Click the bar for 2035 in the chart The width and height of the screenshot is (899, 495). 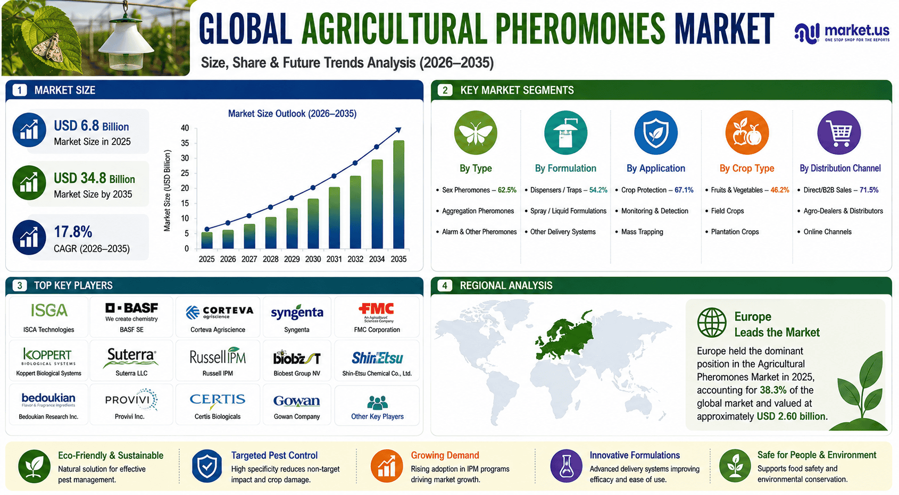(398, 195)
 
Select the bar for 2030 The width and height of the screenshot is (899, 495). (313, 223)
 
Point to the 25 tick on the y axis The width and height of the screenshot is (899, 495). (185, 173)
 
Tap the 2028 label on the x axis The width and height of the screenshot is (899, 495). (271, 259)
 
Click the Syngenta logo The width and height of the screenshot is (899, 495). (297, 313)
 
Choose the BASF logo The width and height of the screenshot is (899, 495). (131, 312)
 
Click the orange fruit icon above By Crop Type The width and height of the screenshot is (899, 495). (747, 133)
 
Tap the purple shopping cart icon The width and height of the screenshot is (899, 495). (839, 133)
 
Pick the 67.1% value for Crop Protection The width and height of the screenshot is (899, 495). (684, 190)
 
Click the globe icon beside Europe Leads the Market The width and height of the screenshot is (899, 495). (712, 323)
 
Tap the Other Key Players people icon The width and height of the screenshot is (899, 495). (377, 402)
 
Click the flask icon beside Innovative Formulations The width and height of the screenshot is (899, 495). (566, 466)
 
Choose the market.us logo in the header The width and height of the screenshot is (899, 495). (842, 33)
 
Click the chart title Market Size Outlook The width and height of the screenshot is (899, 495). (292, 114)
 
